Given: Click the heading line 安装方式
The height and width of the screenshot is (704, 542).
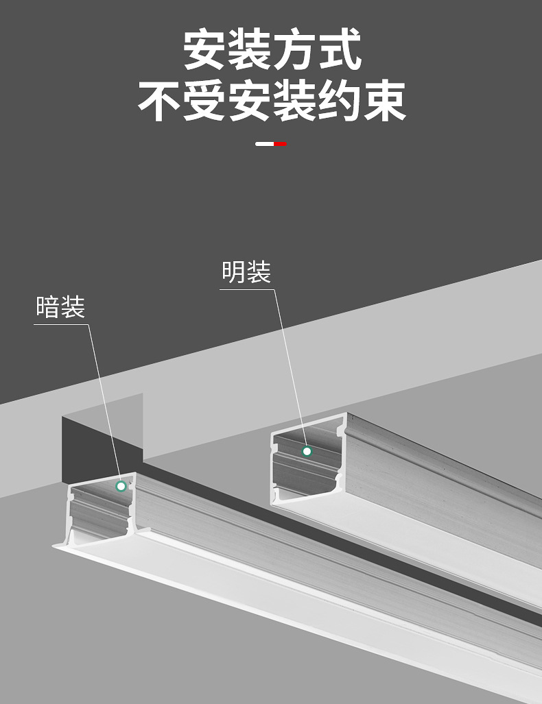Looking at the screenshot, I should [272, 49].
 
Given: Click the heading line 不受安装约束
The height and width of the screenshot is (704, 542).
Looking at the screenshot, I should [272, 101].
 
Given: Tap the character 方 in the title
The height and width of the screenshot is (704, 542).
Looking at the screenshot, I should [294, 49].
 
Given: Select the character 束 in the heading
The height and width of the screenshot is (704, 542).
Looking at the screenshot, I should [385, 101].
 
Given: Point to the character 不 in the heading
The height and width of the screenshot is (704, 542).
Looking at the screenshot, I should [160, 101].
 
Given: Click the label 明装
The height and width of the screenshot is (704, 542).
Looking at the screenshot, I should [246, 272].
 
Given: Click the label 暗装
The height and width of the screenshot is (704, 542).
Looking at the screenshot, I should [60, 307].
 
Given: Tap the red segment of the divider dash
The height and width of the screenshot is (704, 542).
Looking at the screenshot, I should [280, 144].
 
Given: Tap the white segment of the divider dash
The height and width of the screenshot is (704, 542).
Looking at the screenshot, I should [264, 144].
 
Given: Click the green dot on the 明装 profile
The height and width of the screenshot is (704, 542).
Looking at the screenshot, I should [307, 451].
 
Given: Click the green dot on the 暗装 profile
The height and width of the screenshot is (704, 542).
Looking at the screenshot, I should [121, 486].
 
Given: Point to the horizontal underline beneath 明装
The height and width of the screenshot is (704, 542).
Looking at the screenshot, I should [247, 289].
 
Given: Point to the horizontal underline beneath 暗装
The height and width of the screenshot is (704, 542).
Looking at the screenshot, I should [61, 324].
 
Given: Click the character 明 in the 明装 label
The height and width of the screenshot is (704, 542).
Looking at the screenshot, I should [234, 272].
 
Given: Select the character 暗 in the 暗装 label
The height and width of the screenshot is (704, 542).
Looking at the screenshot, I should [48, 307].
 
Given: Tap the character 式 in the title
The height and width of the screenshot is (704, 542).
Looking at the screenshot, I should [340, 49].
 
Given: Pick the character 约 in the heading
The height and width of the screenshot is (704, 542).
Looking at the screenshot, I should [340, 101].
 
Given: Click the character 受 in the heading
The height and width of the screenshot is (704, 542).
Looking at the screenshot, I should [204, 101].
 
